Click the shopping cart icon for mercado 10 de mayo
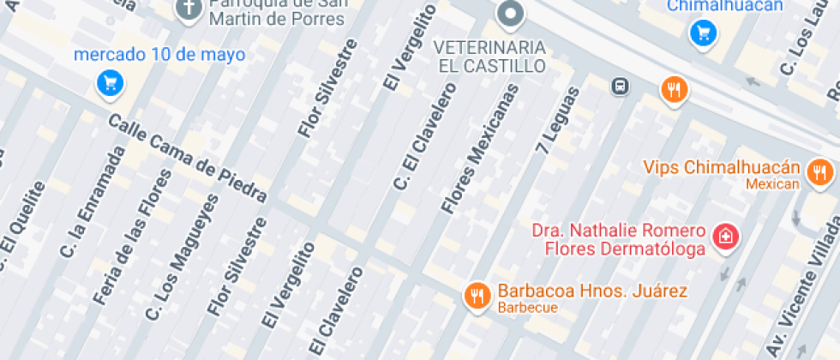(110, 83)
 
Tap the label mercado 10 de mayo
(159, 55)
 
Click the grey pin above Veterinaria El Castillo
(511, 14)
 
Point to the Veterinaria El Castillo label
(489, 55)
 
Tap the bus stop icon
(618, 86)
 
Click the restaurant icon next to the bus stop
(674, 89)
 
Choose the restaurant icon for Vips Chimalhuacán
(820, 171)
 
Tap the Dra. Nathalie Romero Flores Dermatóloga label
(619, 240)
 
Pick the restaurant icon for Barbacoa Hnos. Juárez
(476, 296)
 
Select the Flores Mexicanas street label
(480, 148)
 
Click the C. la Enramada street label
(92, 202)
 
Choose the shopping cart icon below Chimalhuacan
(703, 33)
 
